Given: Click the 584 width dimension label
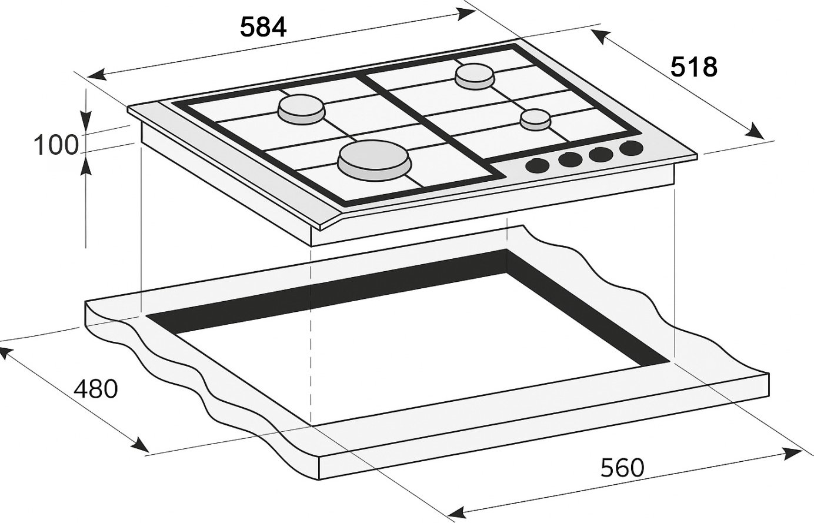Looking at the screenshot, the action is tap(263, 28).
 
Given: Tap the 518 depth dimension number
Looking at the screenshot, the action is tap(693, 67).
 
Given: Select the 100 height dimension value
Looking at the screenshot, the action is tap(56, 145).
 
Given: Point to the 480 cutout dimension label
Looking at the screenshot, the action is tap(96, 388).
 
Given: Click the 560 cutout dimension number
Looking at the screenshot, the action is tap(622, 468).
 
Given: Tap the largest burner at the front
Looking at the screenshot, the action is tap(374, 161).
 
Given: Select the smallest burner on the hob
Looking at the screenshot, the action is tap(535, 119).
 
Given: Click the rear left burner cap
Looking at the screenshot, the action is tap(301, 109).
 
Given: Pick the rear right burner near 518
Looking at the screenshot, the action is tap(475, 76).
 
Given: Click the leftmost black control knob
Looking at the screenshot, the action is tap(537, 165).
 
